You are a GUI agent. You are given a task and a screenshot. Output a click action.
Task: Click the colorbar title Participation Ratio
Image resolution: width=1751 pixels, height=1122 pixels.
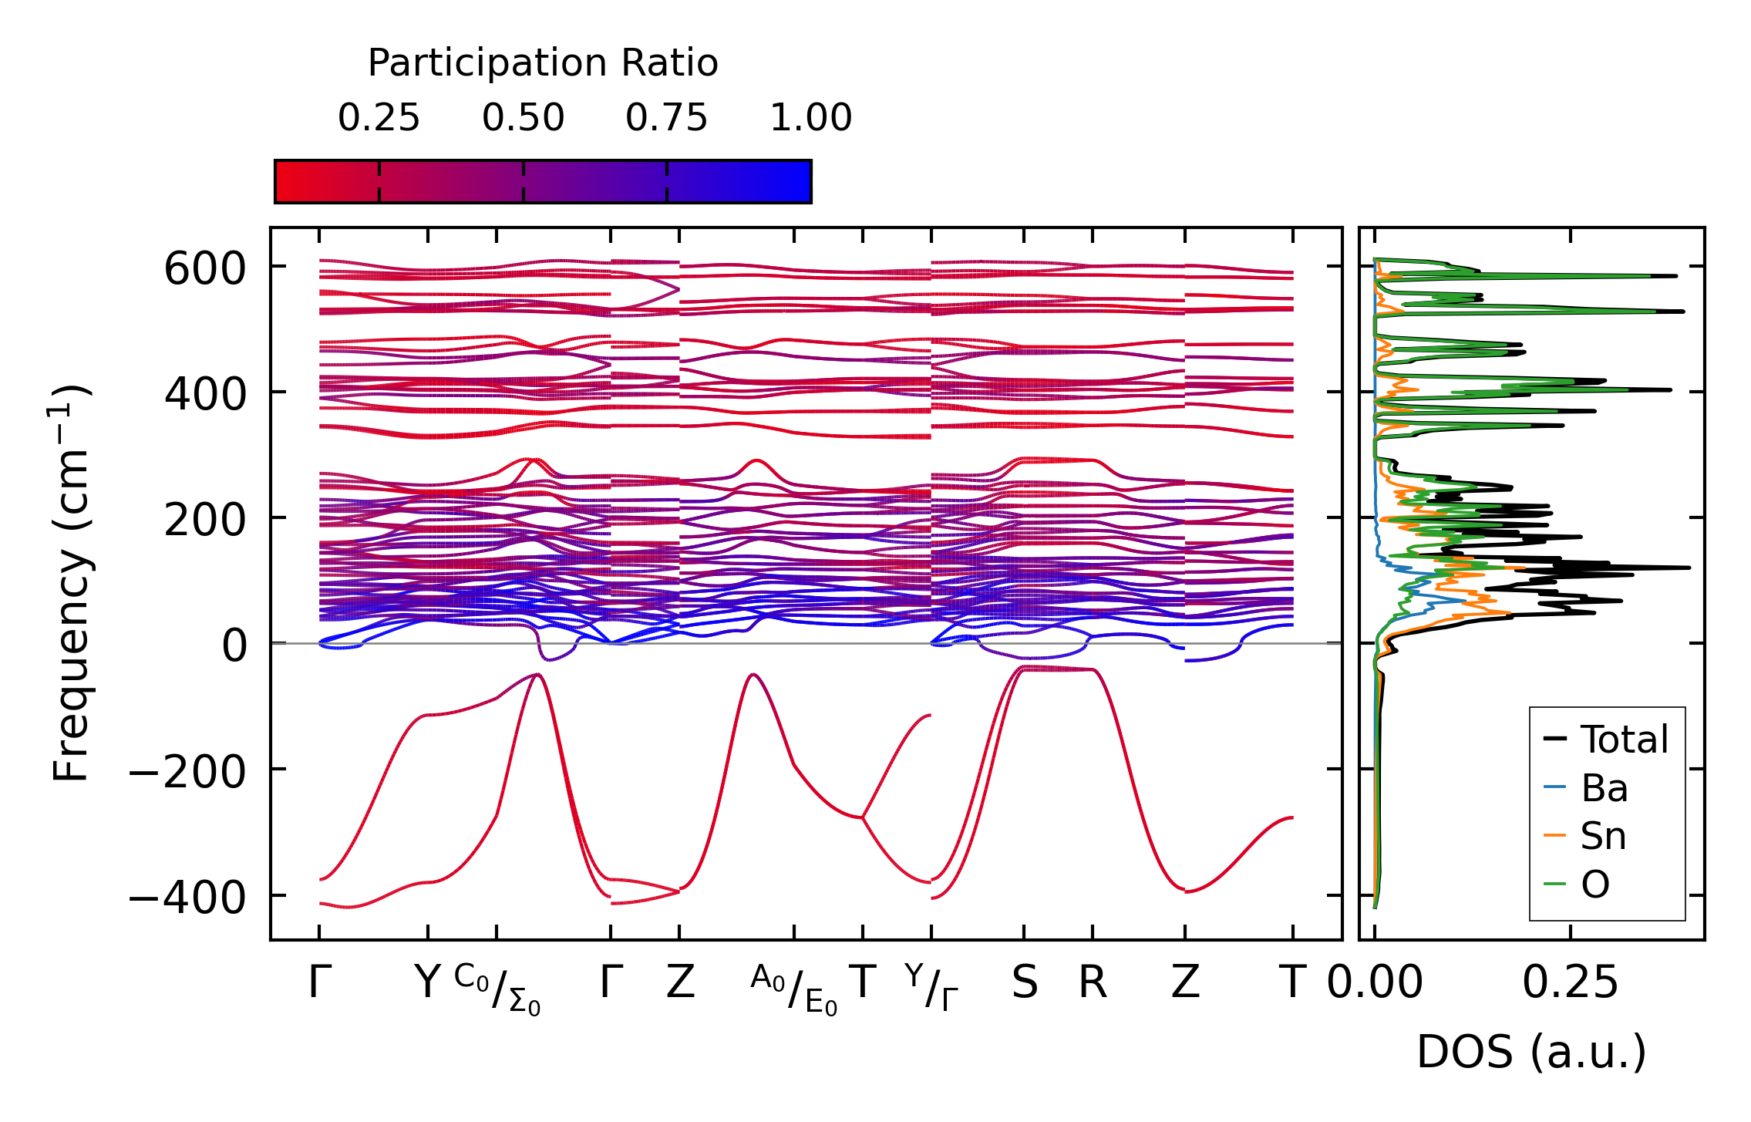tap(543, 63)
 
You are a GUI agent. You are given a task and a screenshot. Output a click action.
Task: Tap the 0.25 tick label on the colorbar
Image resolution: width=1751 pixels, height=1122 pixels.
tap(379, 118)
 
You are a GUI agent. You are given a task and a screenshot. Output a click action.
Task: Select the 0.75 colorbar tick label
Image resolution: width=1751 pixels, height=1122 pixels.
tap(666, 118)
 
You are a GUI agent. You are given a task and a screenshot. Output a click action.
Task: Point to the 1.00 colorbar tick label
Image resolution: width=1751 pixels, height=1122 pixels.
tap(810, 118)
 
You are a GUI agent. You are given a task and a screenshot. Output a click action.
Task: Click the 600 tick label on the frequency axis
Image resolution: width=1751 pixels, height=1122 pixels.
tap(204, 269)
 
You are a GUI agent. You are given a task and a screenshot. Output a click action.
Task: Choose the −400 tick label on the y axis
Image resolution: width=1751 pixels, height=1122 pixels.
tap(187, 897)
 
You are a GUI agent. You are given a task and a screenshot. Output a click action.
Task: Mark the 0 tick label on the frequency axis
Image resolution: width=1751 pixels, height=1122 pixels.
tap(234, 645)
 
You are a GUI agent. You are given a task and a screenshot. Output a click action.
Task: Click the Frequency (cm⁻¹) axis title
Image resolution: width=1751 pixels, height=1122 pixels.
tap(72, 583)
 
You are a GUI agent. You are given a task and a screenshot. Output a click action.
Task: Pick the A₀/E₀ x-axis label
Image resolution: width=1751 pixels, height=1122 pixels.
tap(794, 989)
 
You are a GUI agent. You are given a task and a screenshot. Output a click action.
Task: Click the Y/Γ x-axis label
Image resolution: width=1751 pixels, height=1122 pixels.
tap(931, 986)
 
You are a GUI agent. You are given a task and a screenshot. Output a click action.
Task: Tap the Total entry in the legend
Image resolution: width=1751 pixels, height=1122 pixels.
tap(1624, 740)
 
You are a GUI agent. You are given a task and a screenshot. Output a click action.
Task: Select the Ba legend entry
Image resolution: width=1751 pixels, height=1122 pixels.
tap(1604, 788)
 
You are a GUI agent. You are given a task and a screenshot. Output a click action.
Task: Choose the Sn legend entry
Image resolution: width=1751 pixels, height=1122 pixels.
tap(1603, 836)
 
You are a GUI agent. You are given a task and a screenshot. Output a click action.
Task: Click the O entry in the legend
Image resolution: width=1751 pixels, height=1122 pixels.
tap(1594, 884)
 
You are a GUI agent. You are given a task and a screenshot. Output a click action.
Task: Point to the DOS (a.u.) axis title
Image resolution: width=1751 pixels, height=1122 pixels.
tap(1531, 1053)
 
